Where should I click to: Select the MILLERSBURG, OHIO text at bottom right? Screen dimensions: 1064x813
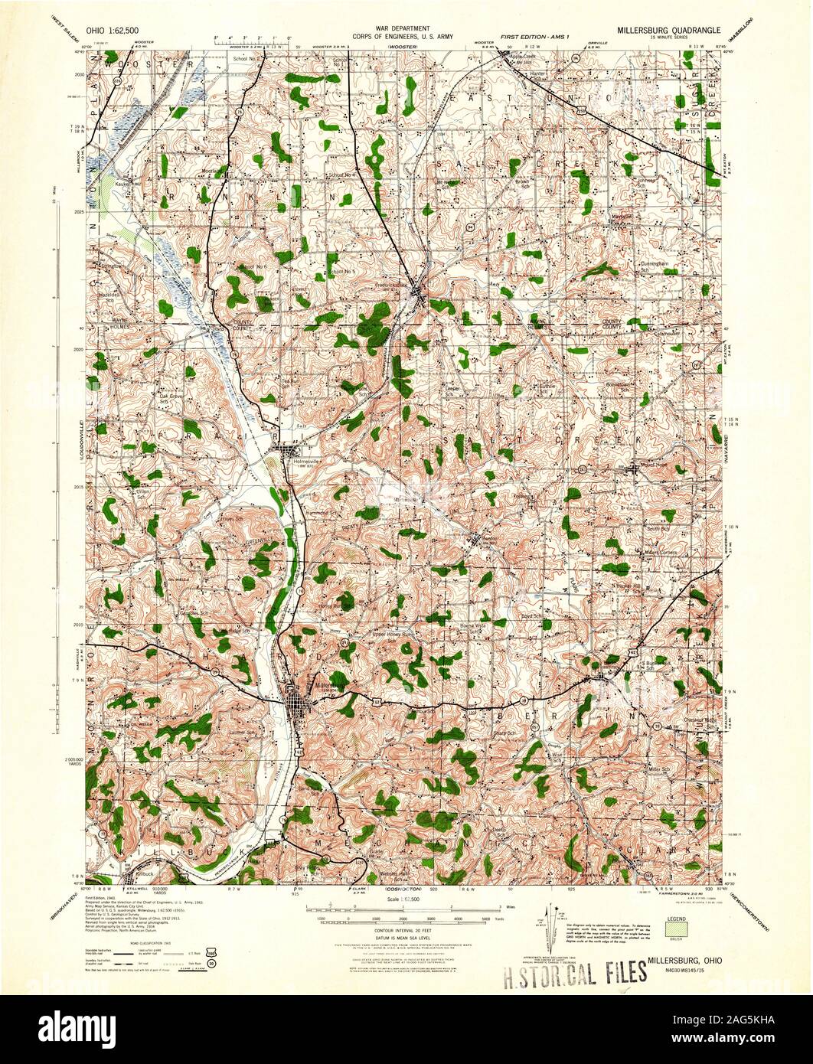[683, 960]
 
